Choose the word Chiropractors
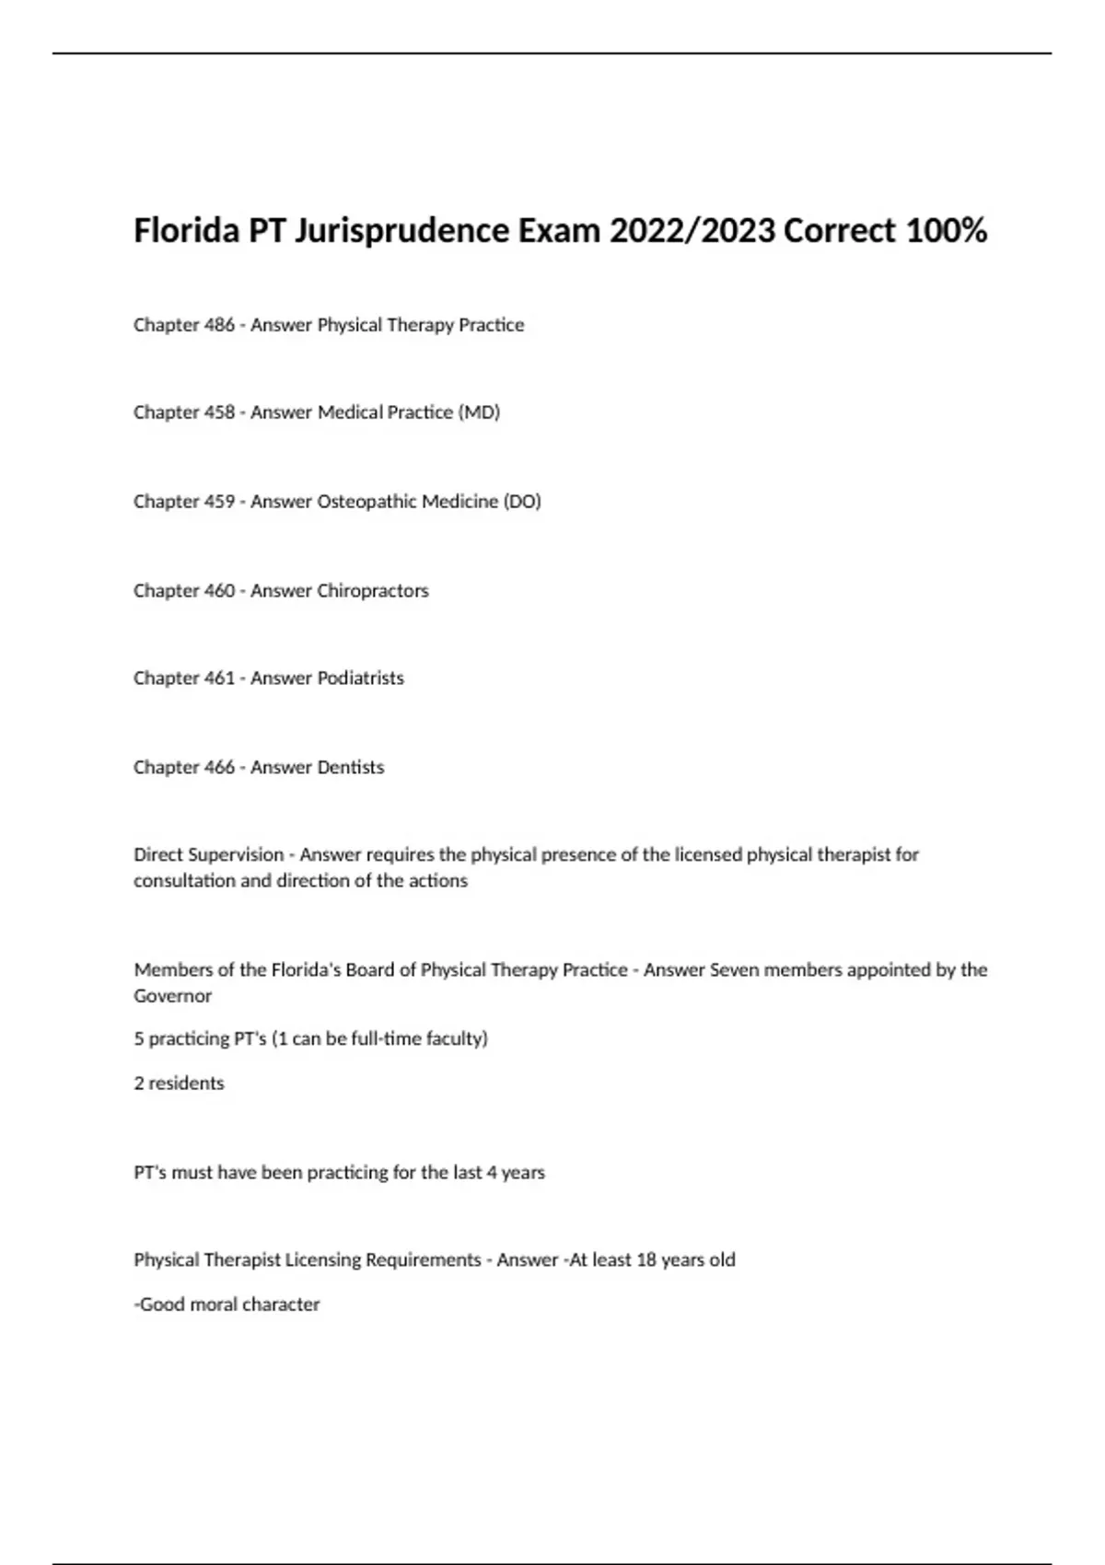point(372,591)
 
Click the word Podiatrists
point(360,678)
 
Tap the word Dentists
point(350,768)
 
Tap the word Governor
point(172,996)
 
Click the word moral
point(214,1304)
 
